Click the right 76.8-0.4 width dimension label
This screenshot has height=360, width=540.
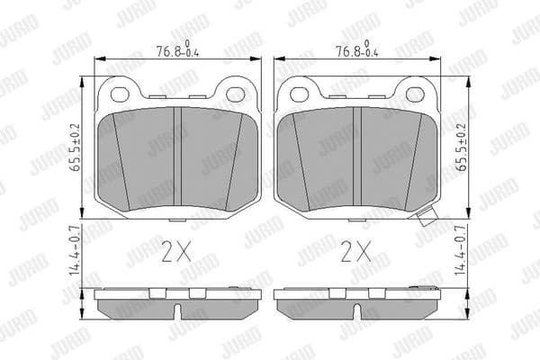coord(354,51)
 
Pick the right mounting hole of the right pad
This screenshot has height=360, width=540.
coord(415,93)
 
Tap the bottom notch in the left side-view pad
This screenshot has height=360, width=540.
coord(177,311)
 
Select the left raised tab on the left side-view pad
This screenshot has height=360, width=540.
coord(158,291)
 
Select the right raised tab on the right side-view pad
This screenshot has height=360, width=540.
coord(376,291)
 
